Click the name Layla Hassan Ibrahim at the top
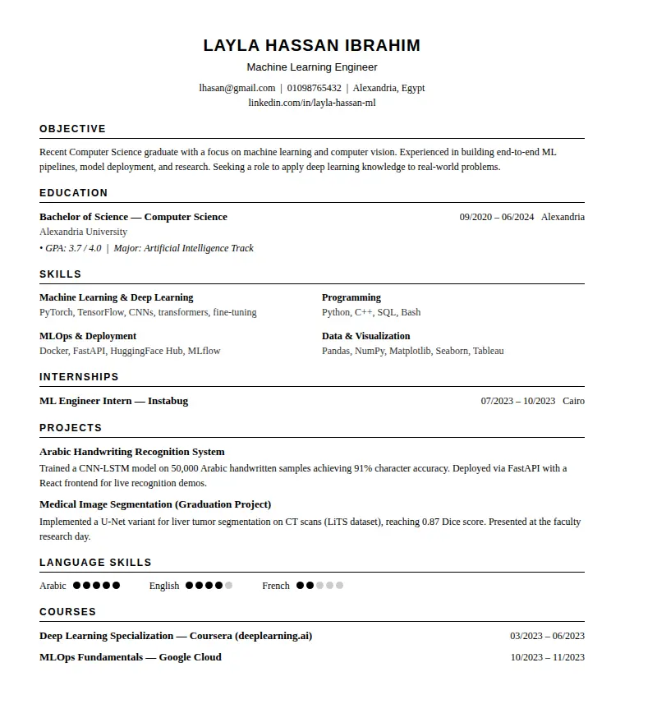(x=312, y=45)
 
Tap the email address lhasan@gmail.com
(x=237, y=88)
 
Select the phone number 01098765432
(x=314, y=88)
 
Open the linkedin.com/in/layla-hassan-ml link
(x=312, y=103)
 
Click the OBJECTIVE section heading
(x=72, y=129)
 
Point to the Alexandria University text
(x=83, y=232)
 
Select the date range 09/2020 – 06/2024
(x=497, y=217)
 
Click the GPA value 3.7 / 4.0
(x=85, y=248)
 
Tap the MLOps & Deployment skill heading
(x=88, y=336)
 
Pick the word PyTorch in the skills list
(x=56, y=312)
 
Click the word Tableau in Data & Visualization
(x=488, y=351)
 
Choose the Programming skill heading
(x=351, y=297)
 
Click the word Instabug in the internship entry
(x=168, y=401)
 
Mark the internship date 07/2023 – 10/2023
(x=518, y=401)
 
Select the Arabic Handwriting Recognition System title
(x=132, y=452)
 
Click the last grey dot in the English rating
(x=229, y=586)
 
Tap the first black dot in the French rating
(x=301, y=586)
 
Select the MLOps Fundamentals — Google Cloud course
(x=131, y=657)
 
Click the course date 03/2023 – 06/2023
(x=547, y=636)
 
